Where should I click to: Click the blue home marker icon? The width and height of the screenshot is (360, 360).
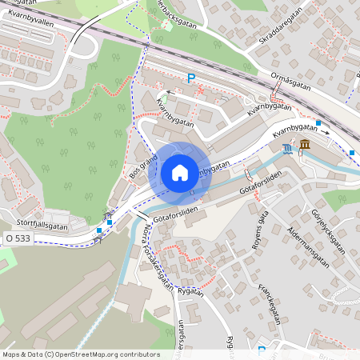coord(180,173)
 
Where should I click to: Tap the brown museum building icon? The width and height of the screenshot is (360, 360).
coord(306,144)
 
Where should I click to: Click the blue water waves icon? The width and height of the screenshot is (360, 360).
coord(287,148)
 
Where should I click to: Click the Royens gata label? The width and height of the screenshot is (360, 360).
coord(258,232)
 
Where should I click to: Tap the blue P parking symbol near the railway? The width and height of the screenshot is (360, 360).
coord(190,78)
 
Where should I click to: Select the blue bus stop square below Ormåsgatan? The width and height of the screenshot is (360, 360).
coord(318,123)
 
